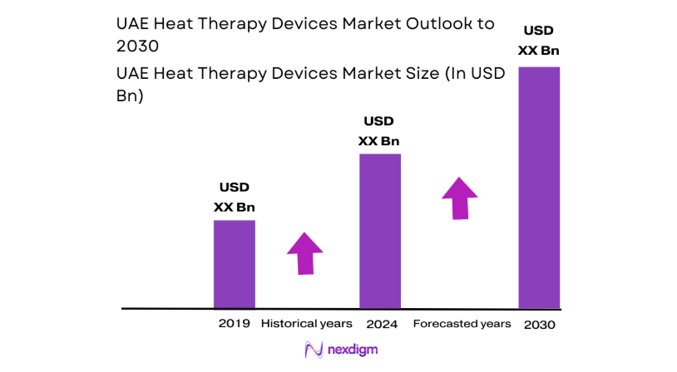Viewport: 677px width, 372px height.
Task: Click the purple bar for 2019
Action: click(234, 264)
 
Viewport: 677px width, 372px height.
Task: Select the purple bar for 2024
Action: click(379, 231)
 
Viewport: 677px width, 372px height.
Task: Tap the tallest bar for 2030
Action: click(539, 187)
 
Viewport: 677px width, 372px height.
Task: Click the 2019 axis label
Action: click(234, 323)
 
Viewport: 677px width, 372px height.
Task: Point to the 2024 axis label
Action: click(381, 323)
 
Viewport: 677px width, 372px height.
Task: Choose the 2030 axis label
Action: click(539, 324)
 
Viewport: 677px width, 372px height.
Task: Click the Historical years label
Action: click(307, 323)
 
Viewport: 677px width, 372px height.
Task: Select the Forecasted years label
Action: click(462, 323)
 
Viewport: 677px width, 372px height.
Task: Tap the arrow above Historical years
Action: click(305, 252)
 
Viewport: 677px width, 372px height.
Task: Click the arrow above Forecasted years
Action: click(459, 198)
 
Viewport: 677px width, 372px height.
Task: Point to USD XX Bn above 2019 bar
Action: click(234, 198)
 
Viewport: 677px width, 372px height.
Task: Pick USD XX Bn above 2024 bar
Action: click(378, 131)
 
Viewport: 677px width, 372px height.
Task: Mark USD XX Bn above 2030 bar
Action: click(539, 42)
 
